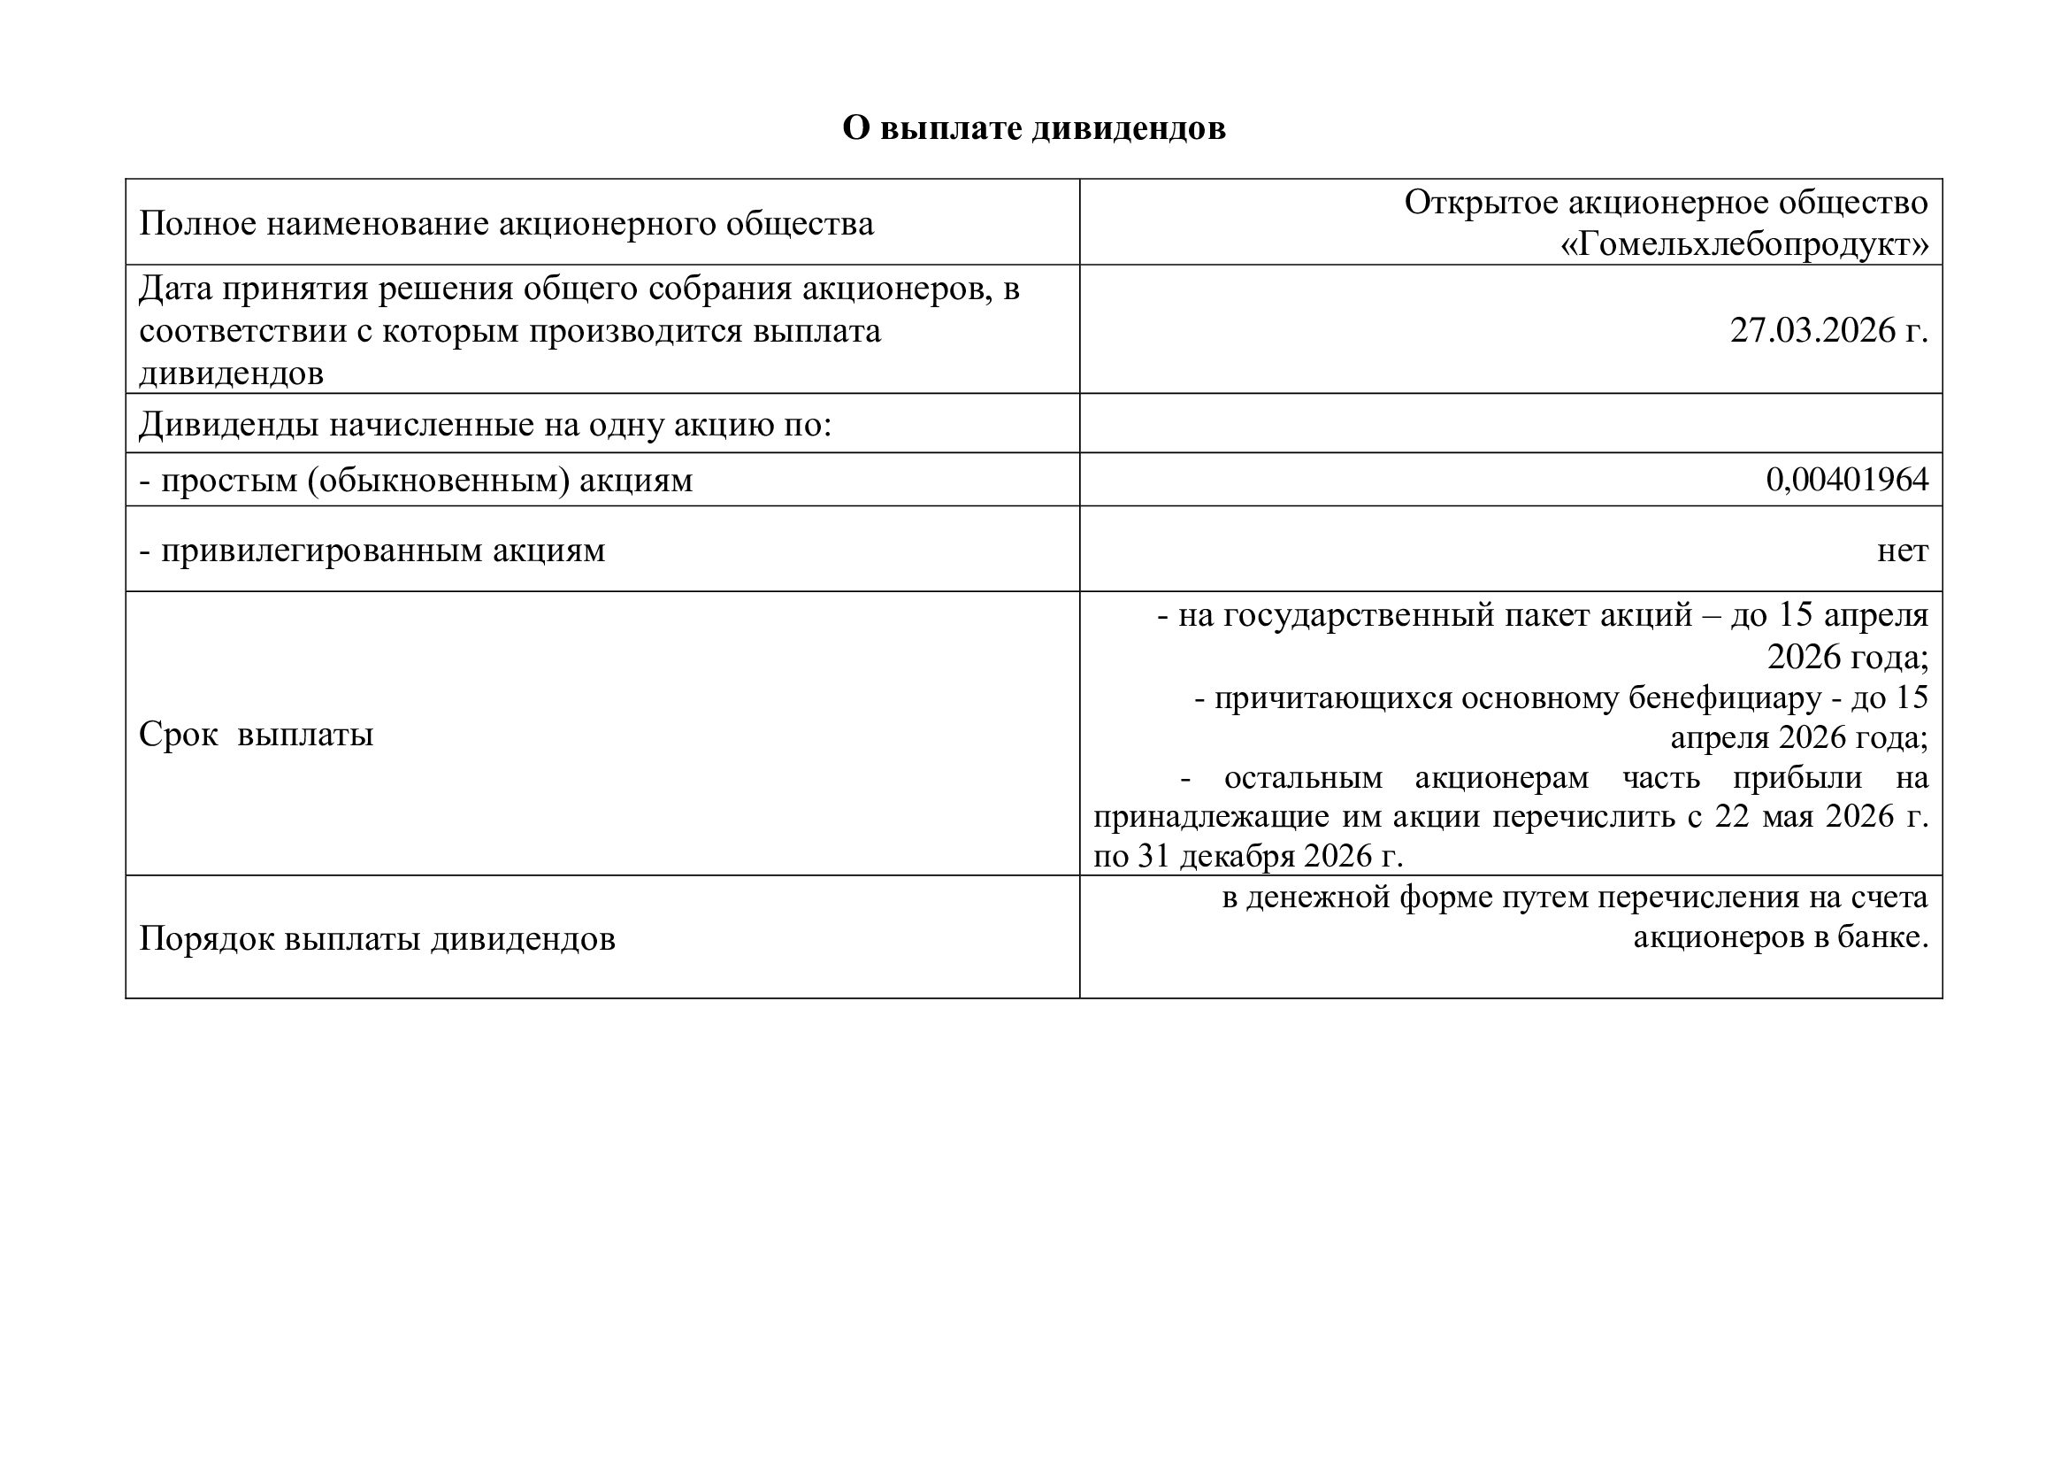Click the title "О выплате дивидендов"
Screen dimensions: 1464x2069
click(x=1033, y=128)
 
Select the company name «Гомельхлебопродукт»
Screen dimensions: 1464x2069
click(x=1744, y=244)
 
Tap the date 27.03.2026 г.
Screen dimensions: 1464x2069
click(x=1828, y=331)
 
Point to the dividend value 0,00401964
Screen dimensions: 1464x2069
click(x=1846, y=480)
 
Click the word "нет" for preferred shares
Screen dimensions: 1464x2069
click(x=1903, y=550)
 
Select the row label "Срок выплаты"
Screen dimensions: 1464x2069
click(x=256, y=735)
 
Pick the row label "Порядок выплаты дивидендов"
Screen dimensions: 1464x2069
click(x=377, y=938)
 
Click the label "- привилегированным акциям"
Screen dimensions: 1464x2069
click(x=372, y=550)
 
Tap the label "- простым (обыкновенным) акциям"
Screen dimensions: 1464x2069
click(x=416, y=480)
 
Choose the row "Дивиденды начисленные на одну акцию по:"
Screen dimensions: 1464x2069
click(x=485, y=424)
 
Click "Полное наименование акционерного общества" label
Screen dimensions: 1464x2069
click(x=506, y=223)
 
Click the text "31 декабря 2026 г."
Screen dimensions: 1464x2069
click(x=1269, y=856)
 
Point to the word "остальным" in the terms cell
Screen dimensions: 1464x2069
click(x=1302, y=777)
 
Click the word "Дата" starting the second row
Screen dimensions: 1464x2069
click(x=175, y=289)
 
